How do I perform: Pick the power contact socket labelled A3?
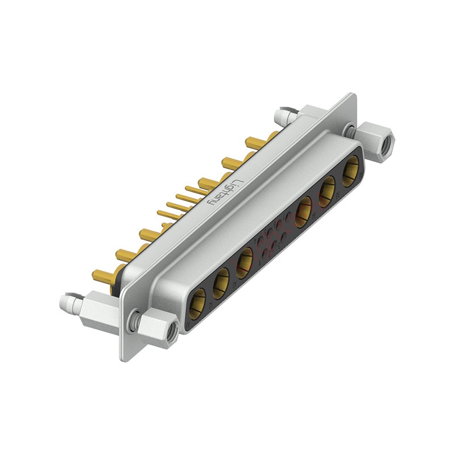pos(245,262)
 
